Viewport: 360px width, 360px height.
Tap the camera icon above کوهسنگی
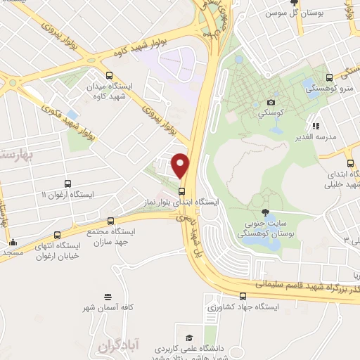point(271,103)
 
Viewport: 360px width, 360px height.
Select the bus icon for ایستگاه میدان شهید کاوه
point(108,75)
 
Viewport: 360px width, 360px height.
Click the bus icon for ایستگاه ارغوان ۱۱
point(67,184)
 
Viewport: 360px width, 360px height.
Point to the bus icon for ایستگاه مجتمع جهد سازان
point(109,220)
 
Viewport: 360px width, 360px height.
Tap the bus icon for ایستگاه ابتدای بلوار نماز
point(181,191)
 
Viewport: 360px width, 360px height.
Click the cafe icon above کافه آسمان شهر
point(107,297)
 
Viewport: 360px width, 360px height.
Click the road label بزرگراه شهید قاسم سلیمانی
point(296,285)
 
